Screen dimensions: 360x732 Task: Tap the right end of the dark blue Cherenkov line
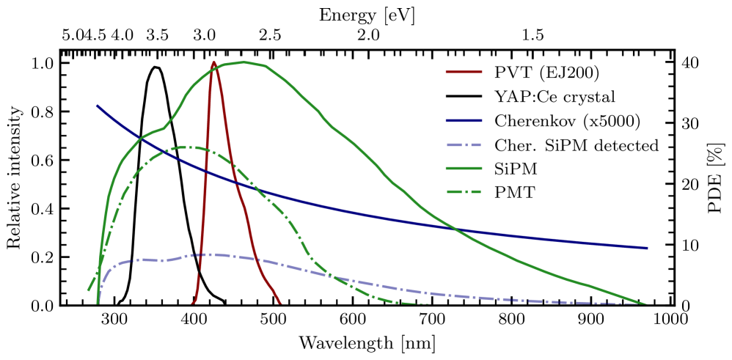[x=647, y=248]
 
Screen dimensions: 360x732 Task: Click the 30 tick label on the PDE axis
[x=691, y=123]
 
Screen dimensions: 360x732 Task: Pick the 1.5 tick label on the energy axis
[x=532, y=34]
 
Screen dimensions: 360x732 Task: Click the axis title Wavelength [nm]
[x=367, y=342]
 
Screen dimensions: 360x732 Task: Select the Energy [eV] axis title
[x=367, y=12]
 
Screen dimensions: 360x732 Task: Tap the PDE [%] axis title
[x=717, y=183]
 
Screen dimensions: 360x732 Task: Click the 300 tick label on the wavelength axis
[x=112, y=321]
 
